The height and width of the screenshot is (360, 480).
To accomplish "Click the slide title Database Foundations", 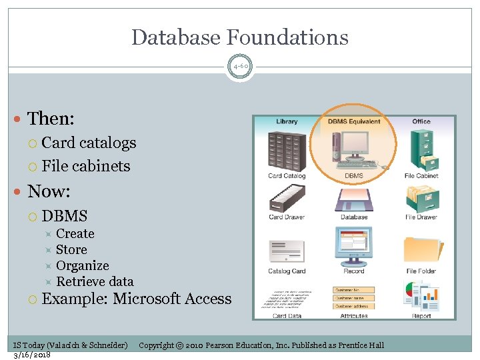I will pyautogui.click(x=240, y=37).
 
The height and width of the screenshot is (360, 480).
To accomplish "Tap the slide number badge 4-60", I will pyautogui.click(x=240, y=67).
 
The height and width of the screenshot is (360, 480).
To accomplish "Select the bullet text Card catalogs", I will pyautogui.click(x=89, y=143).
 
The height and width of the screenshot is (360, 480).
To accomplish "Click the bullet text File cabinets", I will pyautogui.click(x=86, y=166).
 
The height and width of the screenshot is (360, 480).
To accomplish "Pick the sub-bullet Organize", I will pyautogui.click(x=82, y=265).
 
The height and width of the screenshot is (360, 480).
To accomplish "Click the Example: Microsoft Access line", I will pyautogui.click(x=137, y=299).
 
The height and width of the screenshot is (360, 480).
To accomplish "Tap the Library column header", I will pyautogui.click(x=287, y=121).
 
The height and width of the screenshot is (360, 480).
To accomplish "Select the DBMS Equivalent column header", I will pyautogui.click(x=354, y=121).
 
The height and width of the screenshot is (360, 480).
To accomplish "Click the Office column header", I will pyautogui.click(x=421, y=121).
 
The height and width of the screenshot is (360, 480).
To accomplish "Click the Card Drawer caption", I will pyautogui.click(x=287, y=217).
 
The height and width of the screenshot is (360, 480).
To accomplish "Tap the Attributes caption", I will pyautogui.click(x=354, y=316).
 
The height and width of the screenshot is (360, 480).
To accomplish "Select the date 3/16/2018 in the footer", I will pyautogui.click(x=32, y=355).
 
